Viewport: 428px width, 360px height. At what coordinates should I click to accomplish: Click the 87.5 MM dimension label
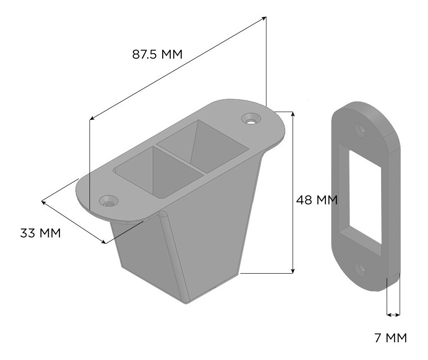[x=157, y=55]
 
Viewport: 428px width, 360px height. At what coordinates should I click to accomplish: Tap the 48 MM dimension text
[x=317, y=200]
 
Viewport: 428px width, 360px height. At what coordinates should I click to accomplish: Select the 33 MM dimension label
[x=40, y=233]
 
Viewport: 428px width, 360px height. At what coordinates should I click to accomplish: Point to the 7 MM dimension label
[x=390, y=338]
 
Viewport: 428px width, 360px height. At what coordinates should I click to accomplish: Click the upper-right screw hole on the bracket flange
[x=251, y=119]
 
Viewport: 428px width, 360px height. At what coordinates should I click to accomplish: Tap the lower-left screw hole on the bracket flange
[x=109, y=202]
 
